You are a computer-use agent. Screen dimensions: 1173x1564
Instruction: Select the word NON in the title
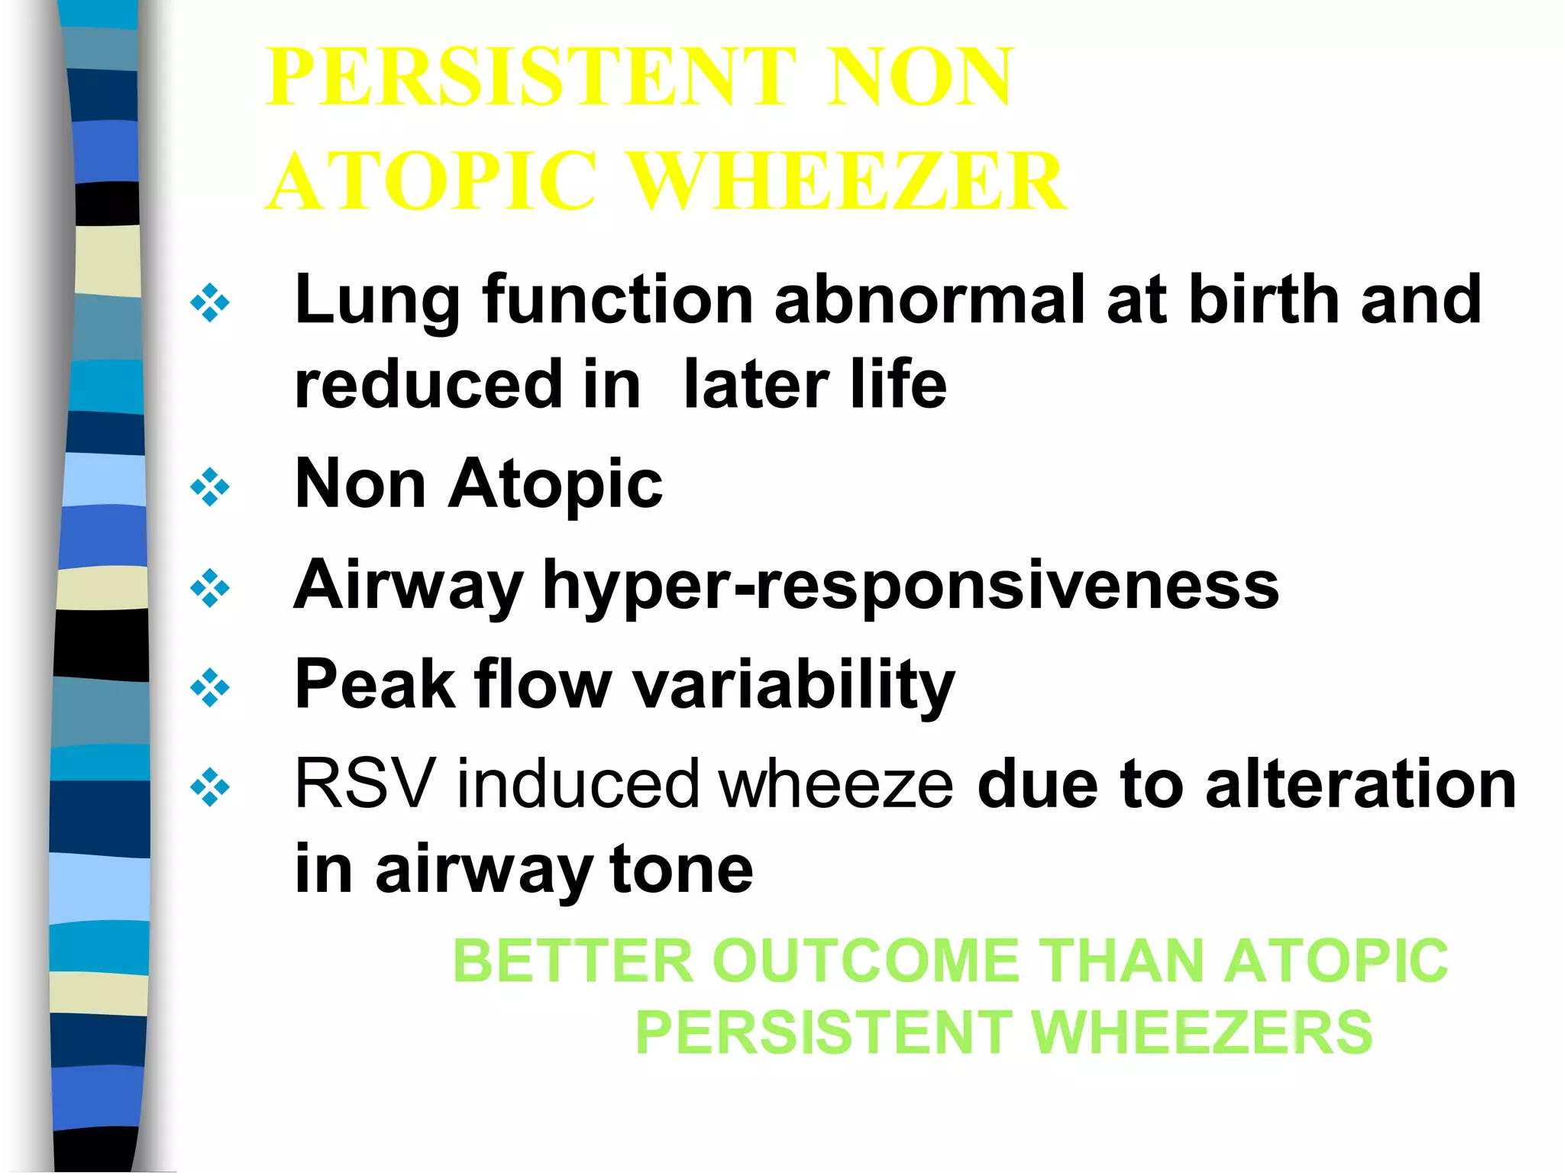tap(920, 77)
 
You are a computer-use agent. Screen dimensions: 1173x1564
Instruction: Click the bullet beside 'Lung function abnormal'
tap(210, 302)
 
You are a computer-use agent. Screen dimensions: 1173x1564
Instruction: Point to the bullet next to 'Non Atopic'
tap(210, 487)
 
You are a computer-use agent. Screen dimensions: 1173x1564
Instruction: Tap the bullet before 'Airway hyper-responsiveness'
tap(210, 588)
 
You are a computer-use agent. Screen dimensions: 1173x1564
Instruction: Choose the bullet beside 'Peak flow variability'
tap(210, 687)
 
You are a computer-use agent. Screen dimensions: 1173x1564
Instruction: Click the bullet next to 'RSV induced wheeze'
tap(210, 787)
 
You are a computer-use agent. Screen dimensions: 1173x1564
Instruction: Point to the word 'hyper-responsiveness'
tap(910, 586)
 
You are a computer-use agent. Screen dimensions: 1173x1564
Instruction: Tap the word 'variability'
tap(794, 684)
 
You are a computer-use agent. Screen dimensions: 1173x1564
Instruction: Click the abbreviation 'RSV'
tap(364, 784)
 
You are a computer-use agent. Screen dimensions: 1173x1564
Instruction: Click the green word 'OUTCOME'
tap(866, 961)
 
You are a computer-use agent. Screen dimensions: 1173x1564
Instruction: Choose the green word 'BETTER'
tap(573, 961)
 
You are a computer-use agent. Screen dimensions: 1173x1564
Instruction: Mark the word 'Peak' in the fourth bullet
tap(373, 684)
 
